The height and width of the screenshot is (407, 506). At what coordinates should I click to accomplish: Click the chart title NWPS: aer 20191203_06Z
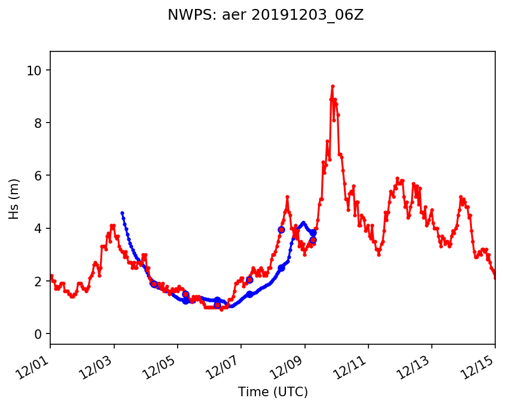click(266, 16)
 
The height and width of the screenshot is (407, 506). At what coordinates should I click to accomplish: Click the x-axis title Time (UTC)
click(273, 392)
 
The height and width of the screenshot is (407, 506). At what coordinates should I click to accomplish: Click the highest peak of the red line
click(333, 86)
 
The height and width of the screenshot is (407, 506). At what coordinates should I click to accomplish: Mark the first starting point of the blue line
click(122, 213)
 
